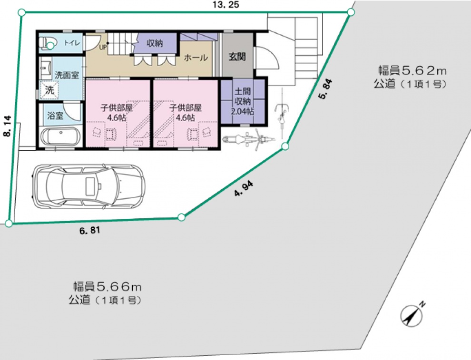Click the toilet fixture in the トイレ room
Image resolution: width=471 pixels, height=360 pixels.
[47, 43]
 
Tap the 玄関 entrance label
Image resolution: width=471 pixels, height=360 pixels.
[237, 56]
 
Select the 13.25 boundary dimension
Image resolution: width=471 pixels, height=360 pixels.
[226, 4]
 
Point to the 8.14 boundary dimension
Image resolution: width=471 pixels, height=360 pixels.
[7, 126]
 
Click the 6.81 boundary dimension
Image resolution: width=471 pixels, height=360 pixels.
[90, 231]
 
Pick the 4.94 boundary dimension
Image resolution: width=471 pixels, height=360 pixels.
[244, 189]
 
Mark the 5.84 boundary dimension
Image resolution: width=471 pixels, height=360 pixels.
[325, 89]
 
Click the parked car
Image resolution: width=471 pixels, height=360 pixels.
[88, 186]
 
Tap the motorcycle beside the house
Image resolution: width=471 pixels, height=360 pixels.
[248, 139]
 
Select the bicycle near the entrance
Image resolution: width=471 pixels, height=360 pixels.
[282, 114]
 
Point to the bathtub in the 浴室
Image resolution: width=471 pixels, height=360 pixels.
[60, 136]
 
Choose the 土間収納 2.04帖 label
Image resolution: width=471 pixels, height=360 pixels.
[243, 101]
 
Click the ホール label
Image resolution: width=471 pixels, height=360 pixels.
[196, 58]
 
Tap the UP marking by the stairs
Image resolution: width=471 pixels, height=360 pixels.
[103, 47]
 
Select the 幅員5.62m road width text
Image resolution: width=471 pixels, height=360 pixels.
[412, 71]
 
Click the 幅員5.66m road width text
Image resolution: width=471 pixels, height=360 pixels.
[108, 287]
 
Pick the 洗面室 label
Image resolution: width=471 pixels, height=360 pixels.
[67, 75]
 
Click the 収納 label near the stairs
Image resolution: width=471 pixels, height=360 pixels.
[155, 43]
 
